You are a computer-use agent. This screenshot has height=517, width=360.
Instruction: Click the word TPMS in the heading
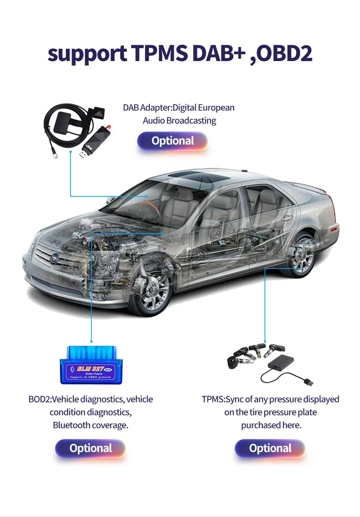[x=160, y=53]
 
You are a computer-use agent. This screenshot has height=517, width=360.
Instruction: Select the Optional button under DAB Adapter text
[x=172, y=141]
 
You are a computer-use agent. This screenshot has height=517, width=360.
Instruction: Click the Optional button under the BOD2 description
[x=91, y=448]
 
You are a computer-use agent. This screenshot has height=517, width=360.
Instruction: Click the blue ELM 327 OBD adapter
[x=91, y=365]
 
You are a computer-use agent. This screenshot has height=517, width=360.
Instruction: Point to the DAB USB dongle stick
[x=93, y=141]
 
